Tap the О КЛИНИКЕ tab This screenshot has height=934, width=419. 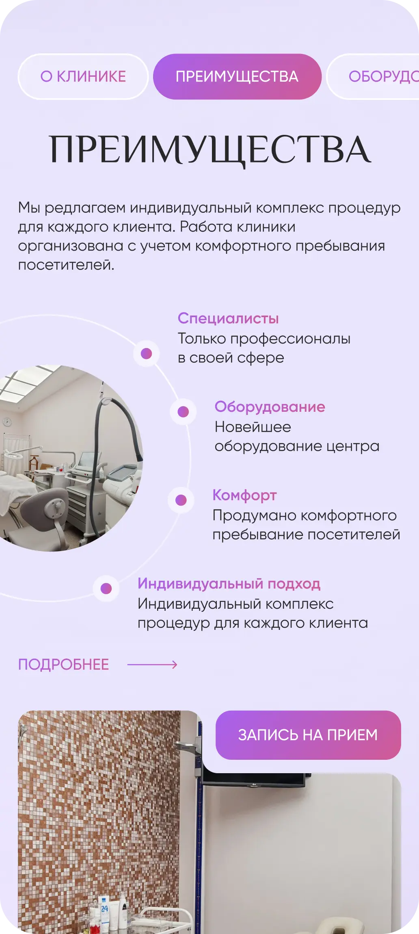pyautogui.click(x=83, y=77)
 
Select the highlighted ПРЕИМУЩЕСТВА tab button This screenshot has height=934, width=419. pyautogui.click(x=237, y=77)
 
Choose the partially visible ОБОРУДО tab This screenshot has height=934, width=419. pyautogui.click(x=378, y=77)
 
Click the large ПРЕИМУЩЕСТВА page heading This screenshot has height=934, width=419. pyautogui.click(x=209, y=149)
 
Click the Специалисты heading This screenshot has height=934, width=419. pyautogui.click(x=228, y=318)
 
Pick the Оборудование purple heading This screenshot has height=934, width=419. pyautogui.click(x=270, y=407)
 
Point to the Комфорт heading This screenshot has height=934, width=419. pyautogui.click(x=244, y=495)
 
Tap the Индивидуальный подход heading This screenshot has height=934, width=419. pyautogui.click(x=229, y=584)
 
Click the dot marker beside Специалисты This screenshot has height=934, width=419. pyautogui.click(x=147, y=353)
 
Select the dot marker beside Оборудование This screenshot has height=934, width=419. pyautogui.click(x=184, y=412)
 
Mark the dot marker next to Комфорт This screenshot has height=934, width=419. pyautogui.click(x=181, y=500)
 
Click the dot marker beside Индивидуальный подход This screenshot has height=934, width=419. pyautogui.click(x=106, y=588)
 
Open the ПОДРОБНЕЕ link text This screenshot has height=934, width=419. pyautogui.click(x=64, y=665)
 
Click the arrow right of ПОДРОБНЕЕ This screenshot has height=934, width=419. pyautogui.click(x=152, y=665)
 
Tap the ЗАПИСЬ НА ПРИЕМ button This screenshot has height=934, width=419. pyautogui.click(x=308, y=735)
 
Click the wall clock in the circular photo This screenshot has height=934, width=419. pyautogui.click(x=7, y=422)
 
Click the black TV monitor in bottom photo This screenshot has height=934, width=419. pyautogui.click(x=254, y=779)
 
